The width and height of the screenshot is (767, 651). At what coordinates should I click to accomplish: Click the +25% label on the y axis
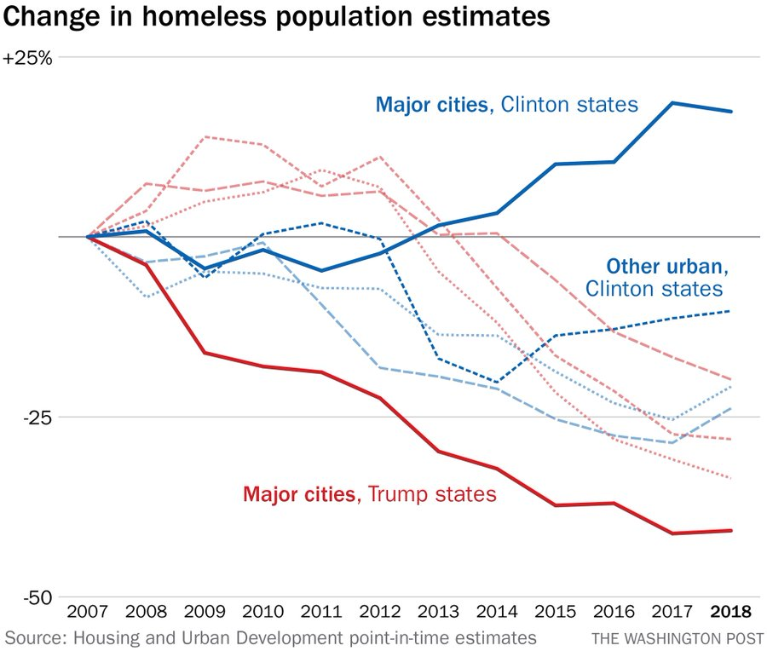(28, 60)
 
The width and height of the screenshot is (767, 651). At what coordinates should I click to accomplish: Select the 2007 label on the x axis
(88, 613)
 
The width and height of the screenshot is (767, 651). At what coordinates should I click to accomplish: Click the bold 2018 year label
(731, 613)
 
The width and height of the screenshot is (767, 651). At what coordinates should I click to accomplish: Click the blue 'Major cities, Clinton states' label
(506, 105)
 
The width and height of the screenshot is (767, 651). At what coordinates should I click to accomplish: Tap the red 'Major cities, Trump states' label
(369, 493)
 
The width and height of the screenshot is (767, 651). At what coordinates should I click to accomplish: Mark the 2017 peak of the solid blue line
(672, 103)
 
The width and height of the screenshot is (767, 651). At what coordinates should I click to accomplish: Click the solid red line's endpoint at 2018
(731, 531)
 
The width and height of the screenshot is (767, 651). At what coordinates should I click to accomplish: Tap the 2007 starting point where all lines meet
(88, 236)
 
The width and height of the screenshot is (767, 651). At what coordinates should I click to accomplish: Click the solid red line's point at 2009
(205, 353)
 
